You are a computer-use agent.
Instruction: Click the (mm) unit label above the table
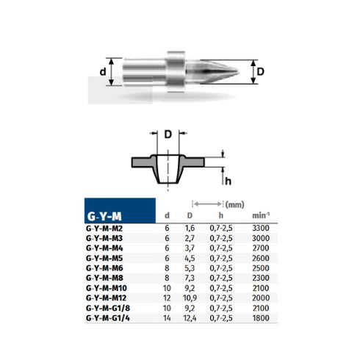coord(235,204)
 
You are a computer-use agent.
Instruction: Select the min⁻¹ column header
coord(260,216)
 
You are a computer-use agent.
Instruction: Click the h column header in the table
coord(220,216)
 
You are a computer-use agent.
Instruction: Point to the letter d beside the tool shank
coord(102,72)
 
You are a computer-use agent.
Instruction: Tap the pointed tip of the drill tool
coord(234,73)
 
